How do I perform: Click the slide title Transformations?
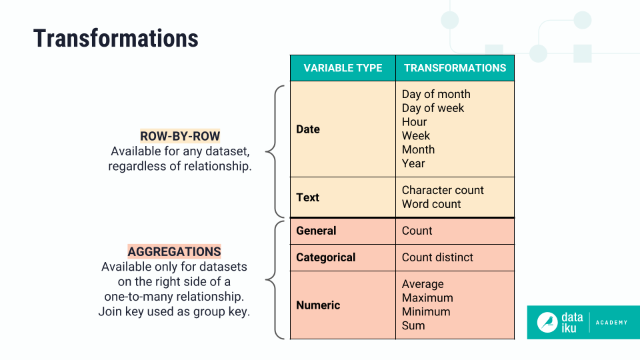(116, 38)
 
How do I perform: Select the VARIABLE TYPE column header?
(343, 68)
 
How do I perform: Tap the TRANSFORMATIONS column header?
(455, 68)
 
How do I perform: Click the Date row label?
(308, 129)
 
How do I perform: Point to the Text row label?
(308, 197)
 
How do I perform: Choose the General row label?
(316, 231)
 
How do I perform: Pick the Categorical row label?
(326, 257)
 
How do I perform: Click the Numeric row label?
(318, 305)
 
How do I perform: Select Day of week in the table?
(433, 108)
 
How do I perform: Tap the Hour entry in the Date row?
(414, 122)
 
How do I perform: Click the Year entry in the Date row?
(413, 163)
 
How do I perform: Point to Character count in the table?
(443, 190)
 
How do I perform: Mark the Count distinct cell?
(437, 257)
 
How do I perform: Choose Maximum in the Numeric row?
(427, 298)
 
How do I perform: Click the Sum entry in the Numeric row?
(413, 325)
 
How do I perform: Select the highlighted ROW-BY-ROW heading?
(180, 136)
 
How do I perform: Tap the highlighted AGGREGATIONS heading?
(174, 252)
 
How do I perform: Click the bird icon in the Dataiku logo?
(547, 323)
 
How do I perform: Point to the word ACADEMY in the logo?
(611, 323)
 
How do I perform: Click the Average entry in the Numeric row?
(423, 284)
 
